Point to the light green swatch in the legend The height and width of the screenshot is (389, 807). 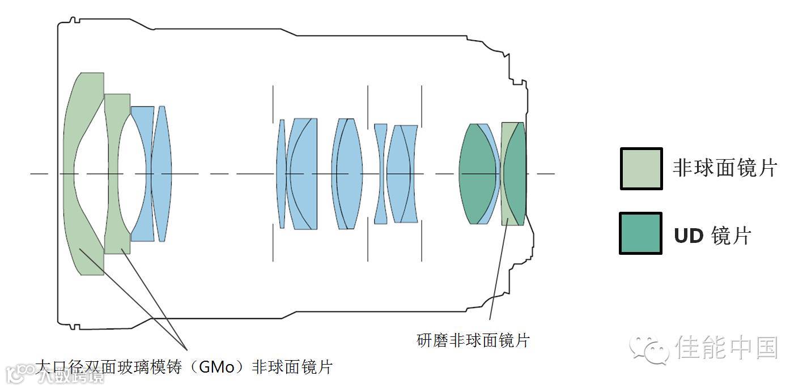(x=641, y=169)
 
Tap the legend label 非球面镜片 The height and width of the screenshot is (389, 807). (x=724, y=168)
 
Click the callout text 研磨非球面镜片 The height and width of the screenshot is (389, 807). (x=473, y=340)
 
